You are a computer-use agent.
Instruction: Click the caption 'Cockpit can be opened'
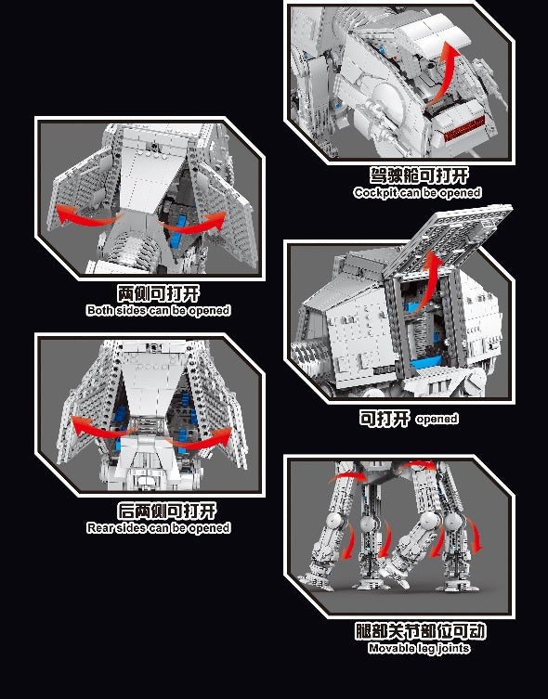click(417, 192)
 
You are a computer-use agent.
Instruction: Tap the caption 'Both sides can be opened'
click(158, 310)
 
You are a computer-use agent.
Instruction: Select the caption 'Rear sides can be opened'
click(158, 528)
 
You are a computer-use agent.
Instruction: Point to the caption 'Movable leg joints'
click(419, 648)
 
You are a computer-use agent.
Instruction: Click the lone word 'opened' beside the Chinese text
click(437, 419)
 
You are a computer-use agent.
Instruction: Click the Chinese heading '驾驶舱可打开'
click(419, 175)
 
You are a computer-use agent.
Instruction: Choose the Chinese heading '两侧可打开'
click(158, 293)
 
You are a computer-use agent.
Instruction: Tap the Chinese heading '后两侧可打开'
click(167, 511)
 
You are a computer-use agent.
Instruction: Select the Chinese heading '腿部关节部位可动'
click(420, 631)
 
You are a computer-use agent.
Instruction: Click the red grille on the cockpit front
click(463, 129)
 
